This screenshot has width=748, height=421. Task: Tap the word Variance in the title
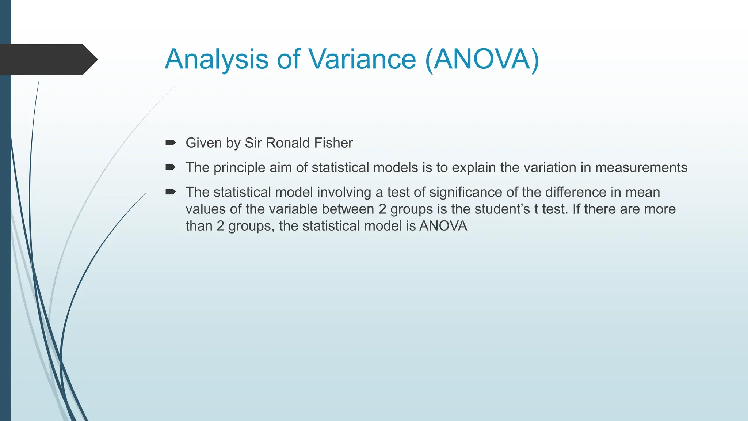pyautogui.click(x=362, y=59)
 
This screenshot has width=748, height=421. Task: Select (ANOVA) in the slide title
pyautogui.click(x=482, y=59)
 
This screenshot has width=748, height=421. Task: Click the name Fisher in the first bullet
pyautogui.click(x=333, y=143)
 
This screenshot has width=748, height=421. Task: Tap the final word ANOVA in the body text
pyautogui.click(x=443, y=226)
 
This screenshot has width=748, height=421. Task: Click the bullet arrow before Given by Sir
pyautogui.click(x=171, y=143)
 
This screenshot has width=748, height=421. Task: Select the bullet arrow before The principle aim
pyautogui.click(x=171, y=167)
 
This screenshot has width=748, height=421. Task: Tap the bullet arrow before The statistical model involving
pyautogui.click(x=171, y=192)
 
